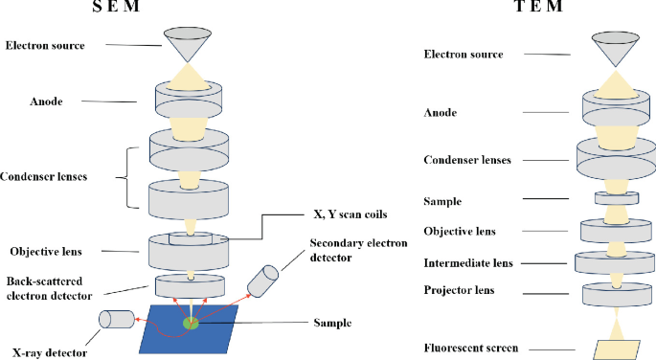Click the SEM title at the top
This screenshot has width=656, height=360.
click(191, 9)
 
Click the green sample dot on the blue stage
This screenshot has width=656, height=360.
click(192, 324)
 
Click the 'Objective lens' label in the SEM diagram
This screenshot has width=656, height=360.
click(47, 252)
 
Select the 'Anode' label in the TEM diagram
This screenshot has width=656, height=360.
click(440, 112)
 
